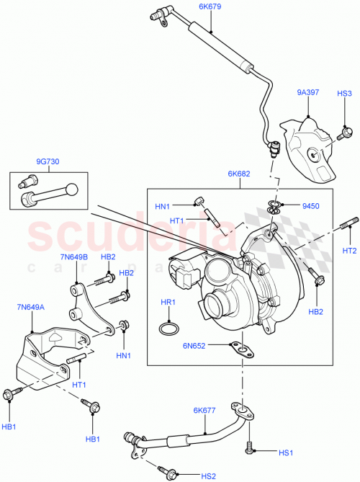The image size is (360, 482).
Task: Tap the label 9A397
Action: pyautogui.click(x=307, y=92)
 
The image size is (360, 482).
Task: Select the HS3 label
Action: pyautogui.click(x=345, y=94)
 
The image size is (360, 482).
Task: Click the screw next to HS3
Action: pyautogui.click(x=346, y=132)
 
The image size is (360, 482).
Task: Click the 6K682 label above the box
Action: pyautogui.click(x=239, y=174)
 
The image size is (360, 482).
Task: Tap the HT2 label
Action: pyautogui.click(x=349, y=251)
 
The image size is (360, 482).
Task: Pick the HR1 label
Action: pyautogui.click(x=168, y=303)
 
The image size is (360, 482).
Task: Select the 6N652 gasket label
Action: pyautogui.click(x=194, y=345)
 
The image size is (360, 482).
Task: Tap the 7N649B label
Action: pyautogui.click(x=74, y=257)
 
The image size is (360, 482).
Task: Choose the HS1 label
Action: pyautogui.click(x=286, y=452)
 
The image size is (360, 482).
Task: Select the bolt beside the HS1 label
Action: pyautogui.click(x=250, y=447)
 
